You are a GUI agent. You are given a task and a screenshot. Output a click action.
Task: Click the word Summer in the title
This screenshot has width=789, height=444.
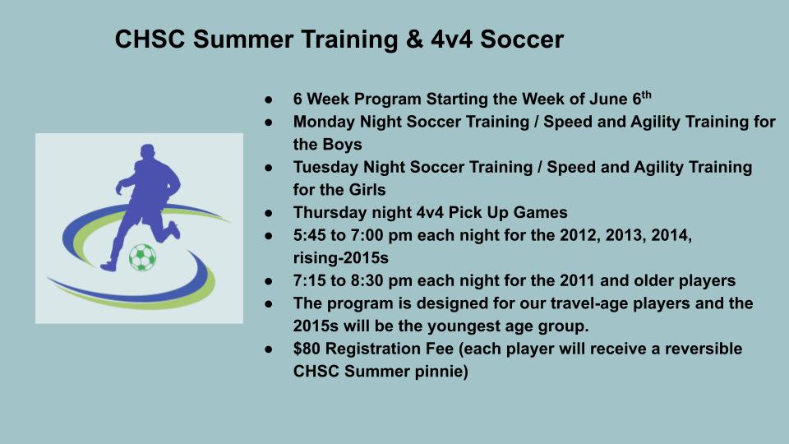coord(242,39)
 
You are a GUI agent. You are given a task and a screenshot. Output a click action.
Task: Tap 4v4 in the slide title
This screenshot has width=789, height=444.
coord(451,39)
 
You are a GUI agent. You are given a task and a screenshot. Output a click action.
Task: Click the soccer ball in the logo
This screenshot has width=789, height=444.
coord(142,257)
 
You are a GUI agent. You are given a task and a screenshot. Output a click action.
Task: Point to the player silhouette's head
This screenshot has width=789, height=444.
coord(147,151)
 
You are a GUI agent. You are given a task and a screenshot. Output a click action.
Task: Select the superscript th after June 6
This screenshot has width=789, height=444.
coord(647,94)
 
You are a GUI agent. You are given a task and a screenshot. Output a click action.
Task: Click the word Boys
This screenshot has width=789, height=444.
coord(344,145)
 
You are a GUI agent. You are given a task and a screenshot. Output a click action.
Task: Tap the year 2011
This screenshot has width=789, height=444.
coord(577,280)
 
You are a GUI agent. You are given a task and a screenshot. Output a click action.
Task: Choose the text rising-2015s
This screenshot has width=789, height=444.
coord(340,258)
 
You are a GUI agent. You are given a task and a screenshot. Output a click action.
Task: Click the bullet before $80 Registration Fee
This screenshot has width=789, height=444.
coord(269,349)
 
